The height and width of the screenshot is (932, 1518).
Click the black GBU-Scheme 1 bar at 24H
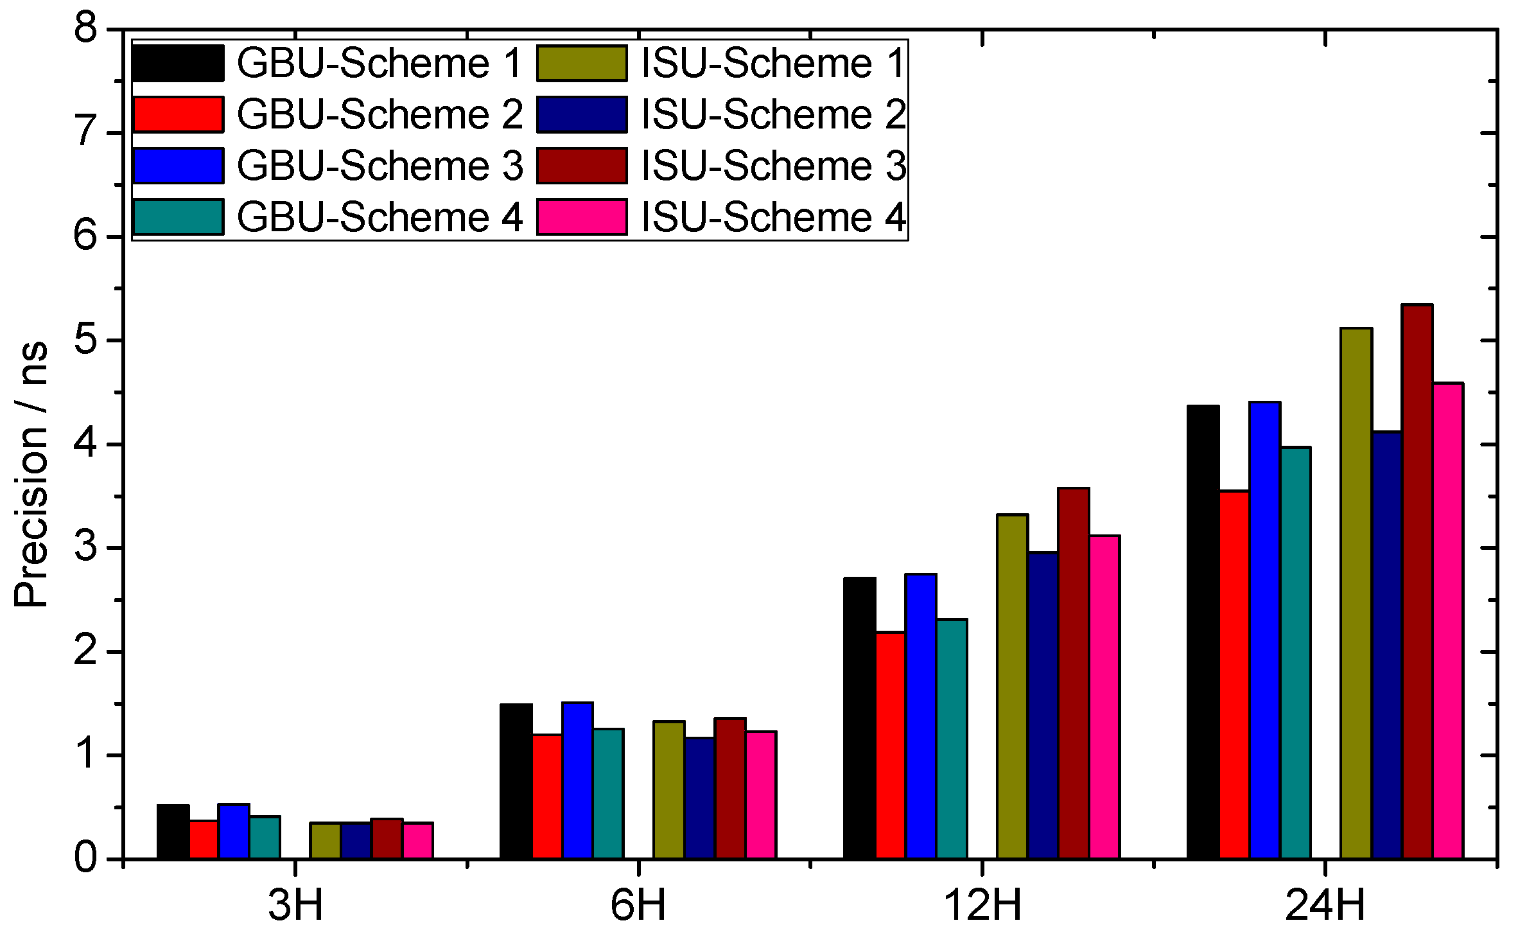[x=1203, y=633]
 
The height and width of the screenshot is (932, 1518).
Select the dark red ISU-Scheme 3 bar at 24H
[x=1417, y=582]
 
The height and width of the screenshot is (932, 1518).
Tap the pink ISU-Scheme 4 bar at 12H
[x=1104, y=697]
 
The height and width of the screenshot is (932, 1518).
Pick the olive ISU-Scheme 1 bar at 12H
[x=1012, y=687]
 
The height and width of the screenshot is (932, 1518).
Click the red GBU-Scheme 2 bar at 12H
[x=890, y=746]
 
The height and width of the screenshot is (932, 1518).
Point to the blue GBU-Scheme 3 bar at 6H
[x=577, y=780]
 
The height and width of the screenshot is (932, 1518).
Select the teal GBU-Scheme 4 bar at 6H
[x=608, y=794]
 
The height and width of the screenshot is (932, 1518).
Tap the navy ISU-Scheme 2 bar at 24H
[x=1386, y=646]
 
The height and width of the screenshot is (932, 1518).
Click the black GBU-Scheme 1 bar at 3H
[x=173, y=832]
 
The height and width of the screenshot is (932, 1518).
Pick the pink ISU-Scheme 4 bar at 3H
[x=418, y=841]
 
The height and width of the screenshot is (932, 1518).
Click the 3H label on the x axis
[x=295, y=905]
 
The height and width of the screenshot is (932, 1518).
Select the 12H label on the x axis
[x=982, y=905]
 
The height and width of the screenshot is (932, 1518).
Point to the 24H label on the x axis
[x=1325, y=905]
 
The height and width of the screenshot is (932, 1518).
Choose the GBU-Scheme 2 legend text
[x=379, y=115]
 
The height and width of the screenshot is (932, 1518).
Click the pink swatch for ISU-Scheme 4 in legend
[x=582, y=217]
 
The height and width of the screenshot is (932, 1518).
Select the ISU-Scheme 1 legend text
[x=773, y=64]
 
